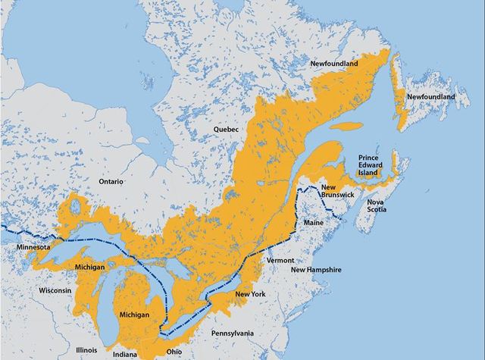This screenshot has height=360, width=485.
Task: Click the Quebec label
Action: click(x=226, y=130)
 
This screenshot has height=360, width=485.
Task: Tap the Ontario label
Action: click(x=114, y=182)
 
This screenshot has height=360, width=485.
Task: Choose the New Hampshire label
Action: click(x=316, y=270)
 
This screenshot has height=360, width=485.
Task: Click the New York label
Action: click(x=249, y=294)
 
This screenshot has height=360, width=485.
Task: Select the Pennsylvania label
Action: click(x=232, y=333)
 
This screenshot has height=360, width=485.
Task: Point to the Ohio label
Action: click(x=174, y=352)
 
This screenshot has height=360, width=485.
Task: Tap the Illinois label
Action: click(x=87, y=350)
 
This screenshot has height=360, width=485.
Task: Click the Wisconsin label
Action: click(x=55, y=290)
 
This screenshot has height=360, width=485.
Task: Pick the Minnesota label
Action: click(x=33, y=248)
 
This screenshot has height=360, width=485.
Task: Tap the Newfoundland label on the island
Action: click(x=430, y=98)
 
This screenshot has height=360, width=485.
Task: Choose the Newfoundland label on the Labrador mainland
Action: click(x=333, y=65)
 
